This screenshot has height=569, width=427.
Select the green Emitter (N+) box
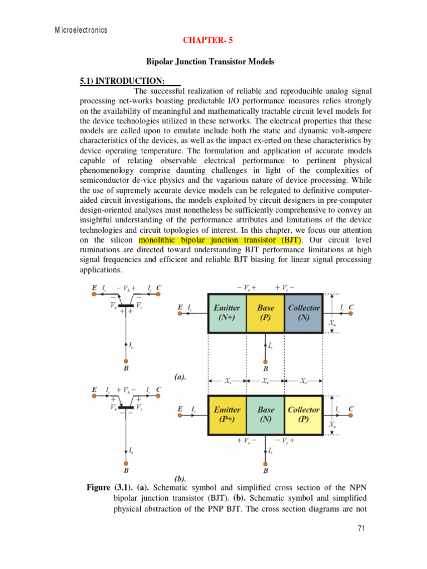[x=227, y=312]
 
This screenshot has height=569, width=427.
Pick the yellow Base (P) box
[x=265, y=312]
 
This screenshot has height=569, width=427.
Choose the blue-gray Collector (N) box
[x=304, y=312]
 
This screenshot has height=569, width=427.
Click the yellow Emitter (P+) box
[x=227, y=415]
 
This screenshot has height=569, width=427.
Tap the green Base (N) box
[x=265, y=415]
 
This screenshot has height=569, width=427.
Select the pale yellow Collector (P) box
[x=304, y=415]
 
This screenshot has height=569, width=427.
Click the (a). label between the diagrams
[x=179, y=376]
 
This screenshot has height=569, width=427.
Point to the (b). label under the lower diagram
[x=180, y=477]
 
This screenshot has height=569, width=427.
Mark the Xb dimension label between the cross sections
[x=265, y=382]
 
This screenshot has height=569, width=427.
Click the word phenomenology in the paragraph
[x=113, y=170]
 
